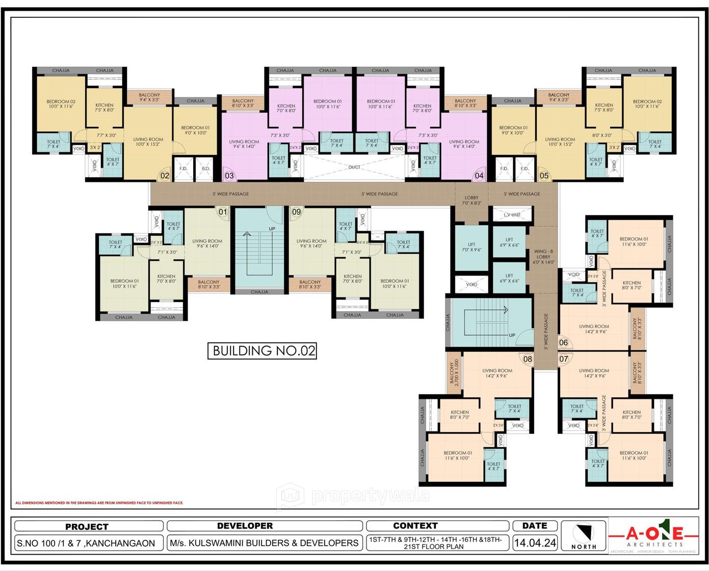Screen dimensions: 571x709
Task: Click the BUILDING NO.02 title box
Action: click(262, 351)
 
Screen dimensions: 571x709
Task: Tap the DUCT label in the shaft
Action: click(354, 167)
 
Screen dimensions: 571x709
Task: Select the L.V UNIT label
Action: click(512, 215)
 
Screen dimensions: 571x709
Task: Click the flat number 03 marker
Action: click(229, 176)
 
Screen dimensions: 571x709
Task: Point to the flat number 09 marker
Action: click(296, 212)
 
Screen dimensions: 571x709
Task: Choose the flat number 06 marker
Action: click(563, 343)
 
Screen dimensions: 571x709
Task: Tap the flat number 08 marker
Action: click(528, 359)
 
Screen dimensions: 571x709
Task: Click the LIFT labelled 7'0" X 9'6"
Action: click(471, 247)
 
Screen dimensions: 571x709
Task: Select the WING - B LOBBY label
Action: click(543, 257)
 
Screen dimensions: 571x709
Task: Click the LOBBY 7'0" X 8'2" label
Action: click(471, 200)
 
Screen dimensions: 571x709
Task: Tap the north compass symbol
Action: click(584, 535)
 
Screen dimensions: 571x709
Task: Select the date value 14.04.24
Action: click(535, 543)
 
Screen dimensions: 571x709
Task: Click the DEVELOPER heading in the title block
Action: click(245, 526)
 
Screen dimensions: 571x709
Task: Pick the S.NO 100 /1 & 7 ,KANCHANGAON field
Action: click(86, 543)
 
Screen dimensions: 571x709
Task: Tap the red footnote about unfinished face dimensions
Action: click(99, 503)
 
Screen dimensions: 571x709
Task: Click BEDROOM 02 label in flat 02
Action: click(61, 104)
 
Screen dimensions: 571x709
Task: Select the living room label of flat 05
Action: click(560, 142)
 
